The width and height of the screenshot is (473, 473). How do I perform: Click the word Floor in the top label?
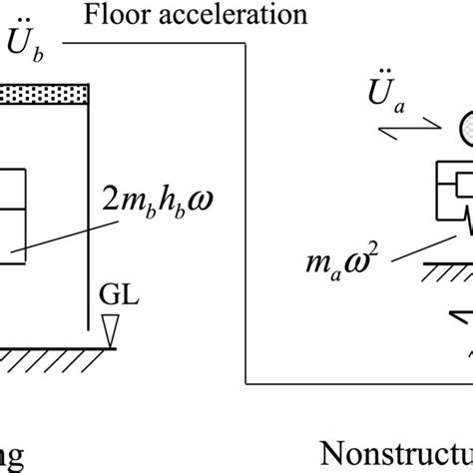coord(109,16)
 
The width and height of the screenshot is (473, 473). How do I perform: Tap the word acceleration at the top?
coord(217,16)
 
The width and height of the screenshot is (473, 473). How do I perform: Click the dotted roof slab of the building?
coord(45,94)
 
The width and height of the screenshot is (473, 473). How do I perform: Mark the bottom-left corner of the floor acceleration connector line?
coord(245,383)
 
